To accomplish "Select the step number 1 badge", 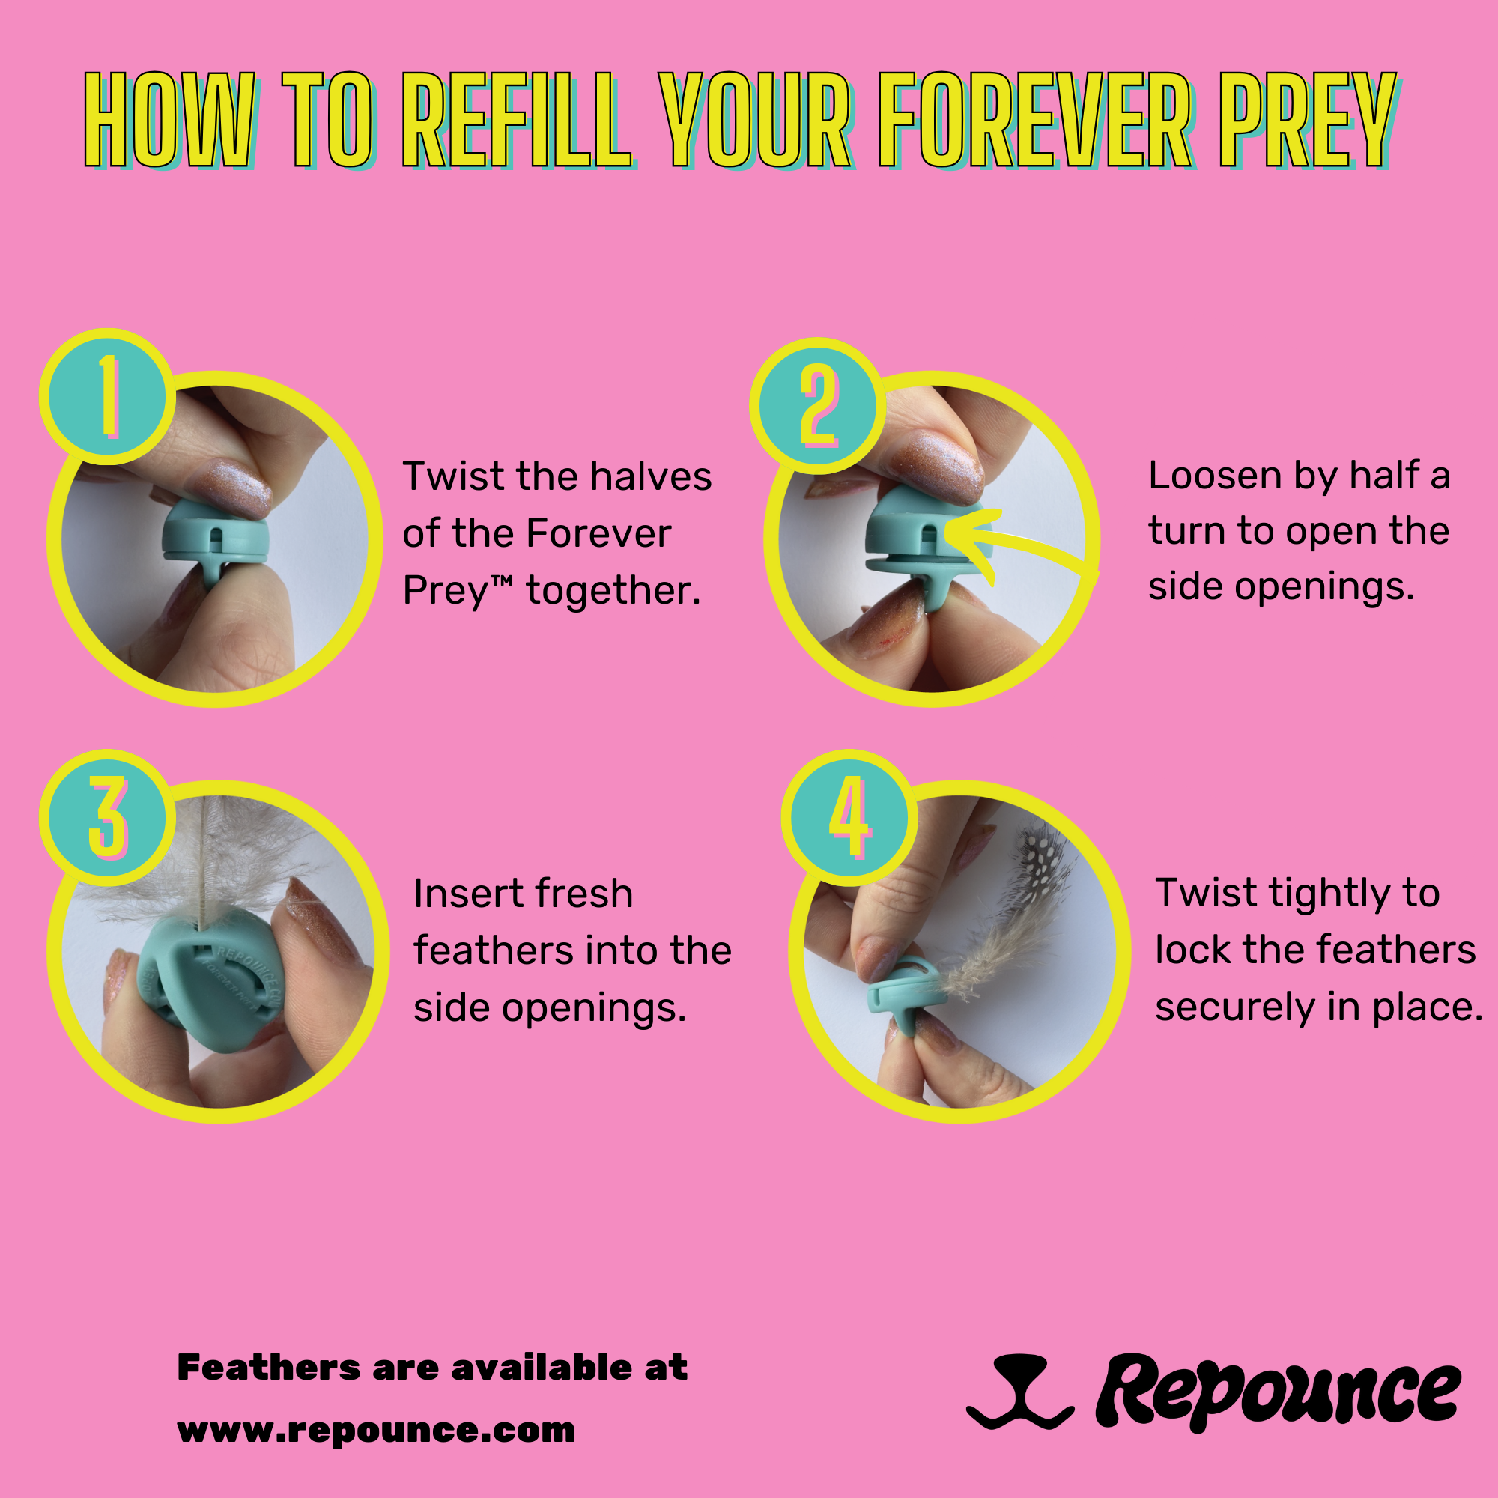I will [108, 396].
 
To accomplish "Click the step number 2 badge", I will [818, 404].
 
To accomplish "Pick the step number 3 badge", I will [108, 817].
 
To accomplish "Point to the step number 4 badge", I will [849, 817].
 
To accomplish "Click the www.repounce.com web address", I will [376, 1430].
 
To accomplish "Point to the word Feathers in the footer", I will [268, 1368].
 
